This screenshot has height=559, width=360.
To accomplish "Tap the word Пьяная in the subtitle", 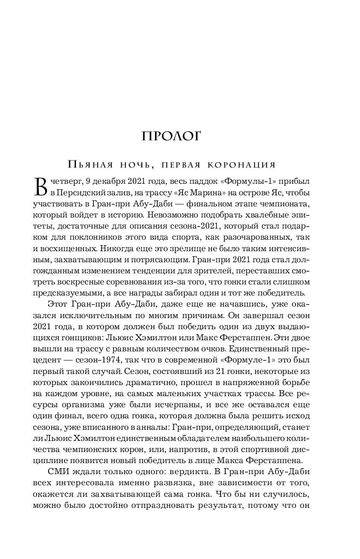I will pyautogui.click(x=88, y=165).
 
